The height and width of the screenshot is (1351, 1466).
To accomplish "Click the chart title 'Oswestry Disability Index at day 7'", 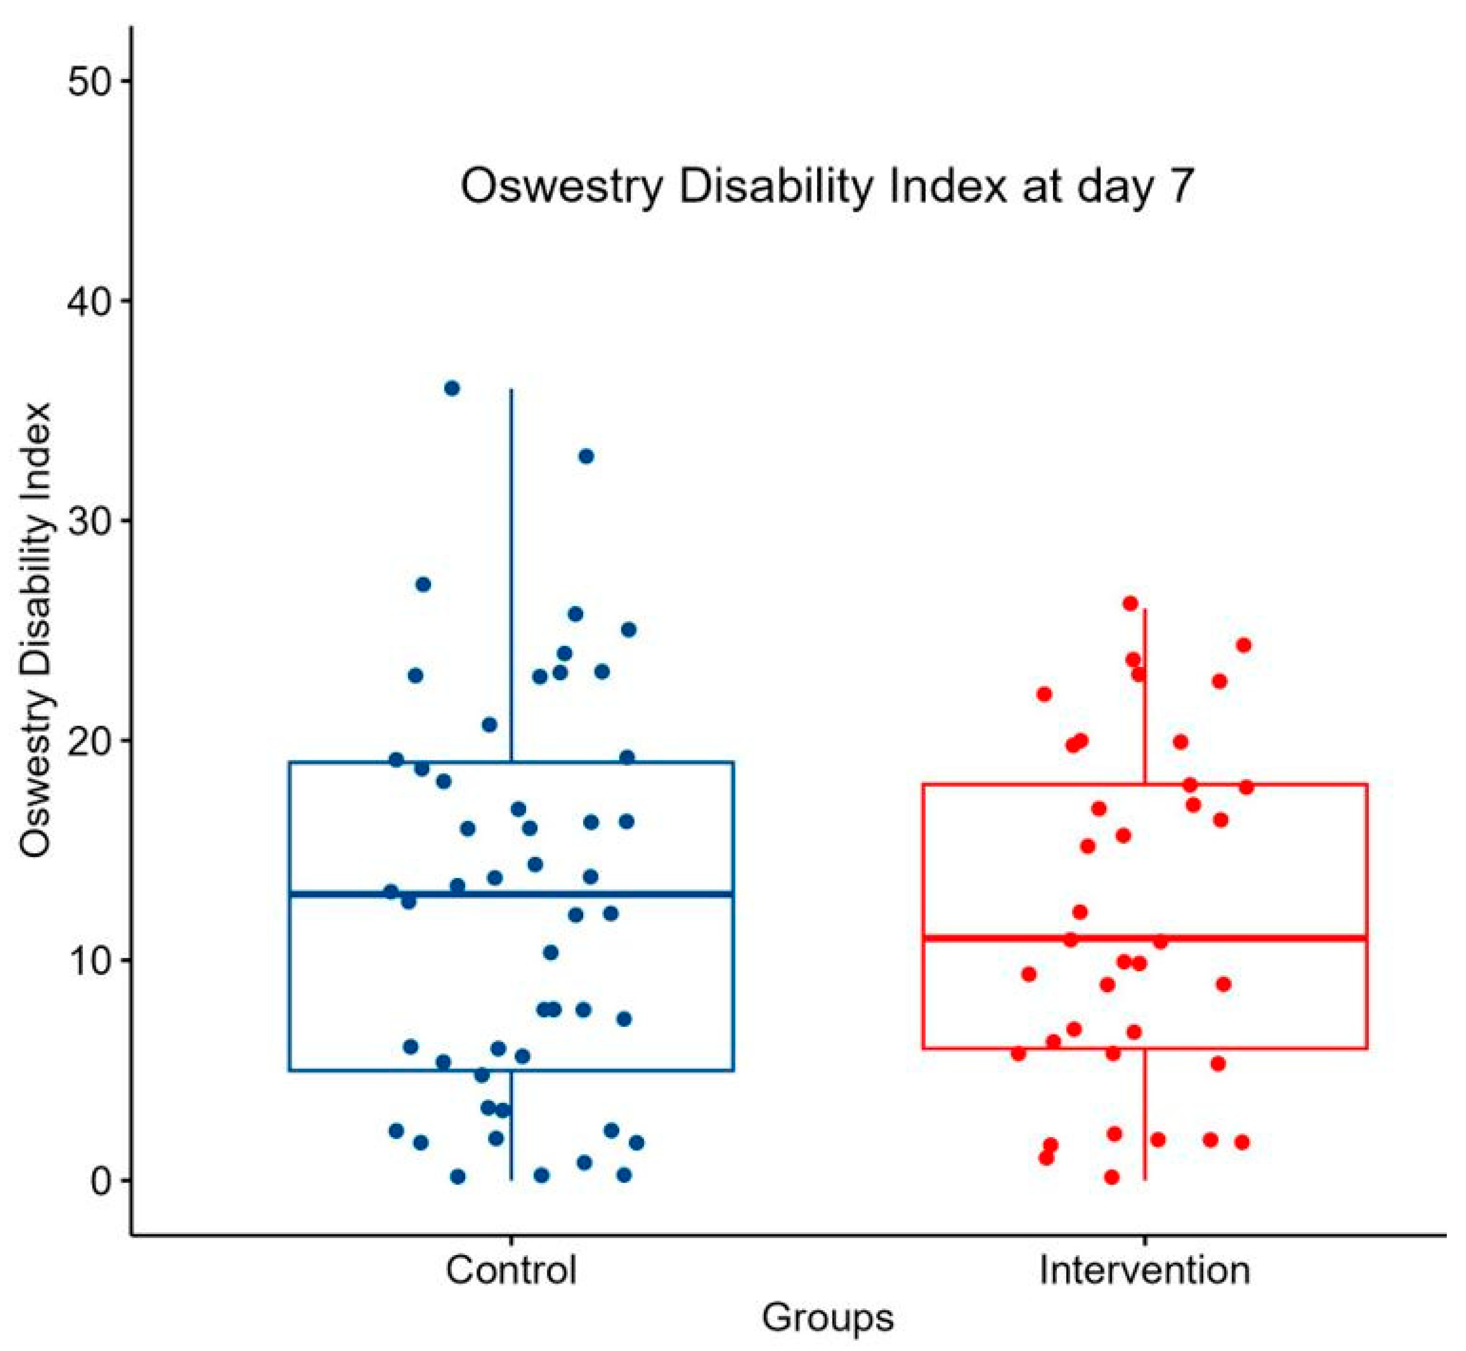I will pos(827,188).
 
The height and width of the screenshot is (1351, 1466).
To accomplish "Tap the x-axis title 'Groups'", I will pos(827,1318).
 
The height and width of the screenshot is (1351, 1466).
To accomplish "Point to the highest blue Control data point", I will pos(452,388).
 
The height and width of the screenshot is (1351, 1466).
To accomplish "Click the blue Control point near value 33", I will pos(586,456).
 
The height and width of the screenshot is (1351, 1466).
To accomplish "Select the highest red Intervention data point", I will pos(1130,604).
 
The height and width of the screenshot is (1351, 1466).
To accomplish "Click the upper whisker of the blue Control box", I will pos(511,570).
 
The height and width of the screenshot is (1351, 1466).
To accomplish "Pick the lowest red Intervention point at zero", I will pos(1111,1177).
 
